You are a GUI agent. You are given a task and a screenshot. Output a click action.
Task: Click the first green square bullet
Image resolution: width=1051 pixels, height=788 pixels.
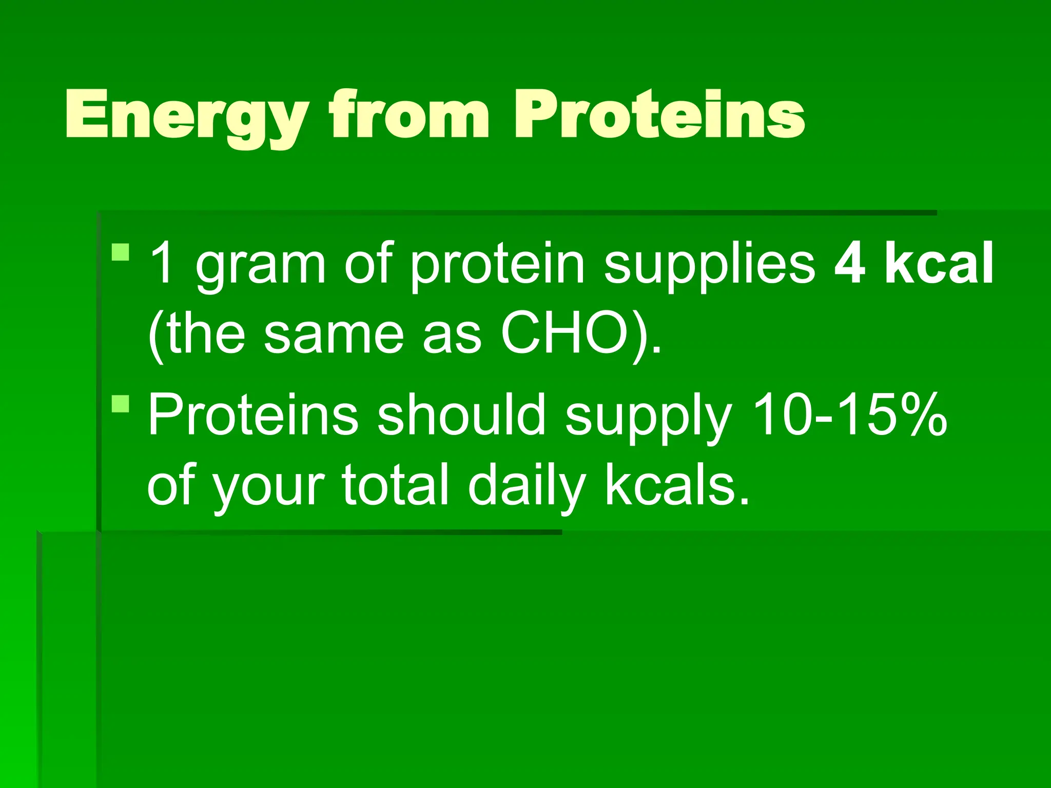click(x=120, y=252)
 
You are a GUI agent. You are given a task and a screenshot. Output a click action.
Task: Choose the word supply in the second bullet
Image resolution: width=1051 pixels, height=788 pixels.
click(x=649, y=418)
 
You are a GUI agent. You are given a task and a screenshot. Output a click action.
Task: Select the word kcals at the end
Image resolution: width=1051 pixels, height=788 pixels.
click(x=676, y=485)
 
